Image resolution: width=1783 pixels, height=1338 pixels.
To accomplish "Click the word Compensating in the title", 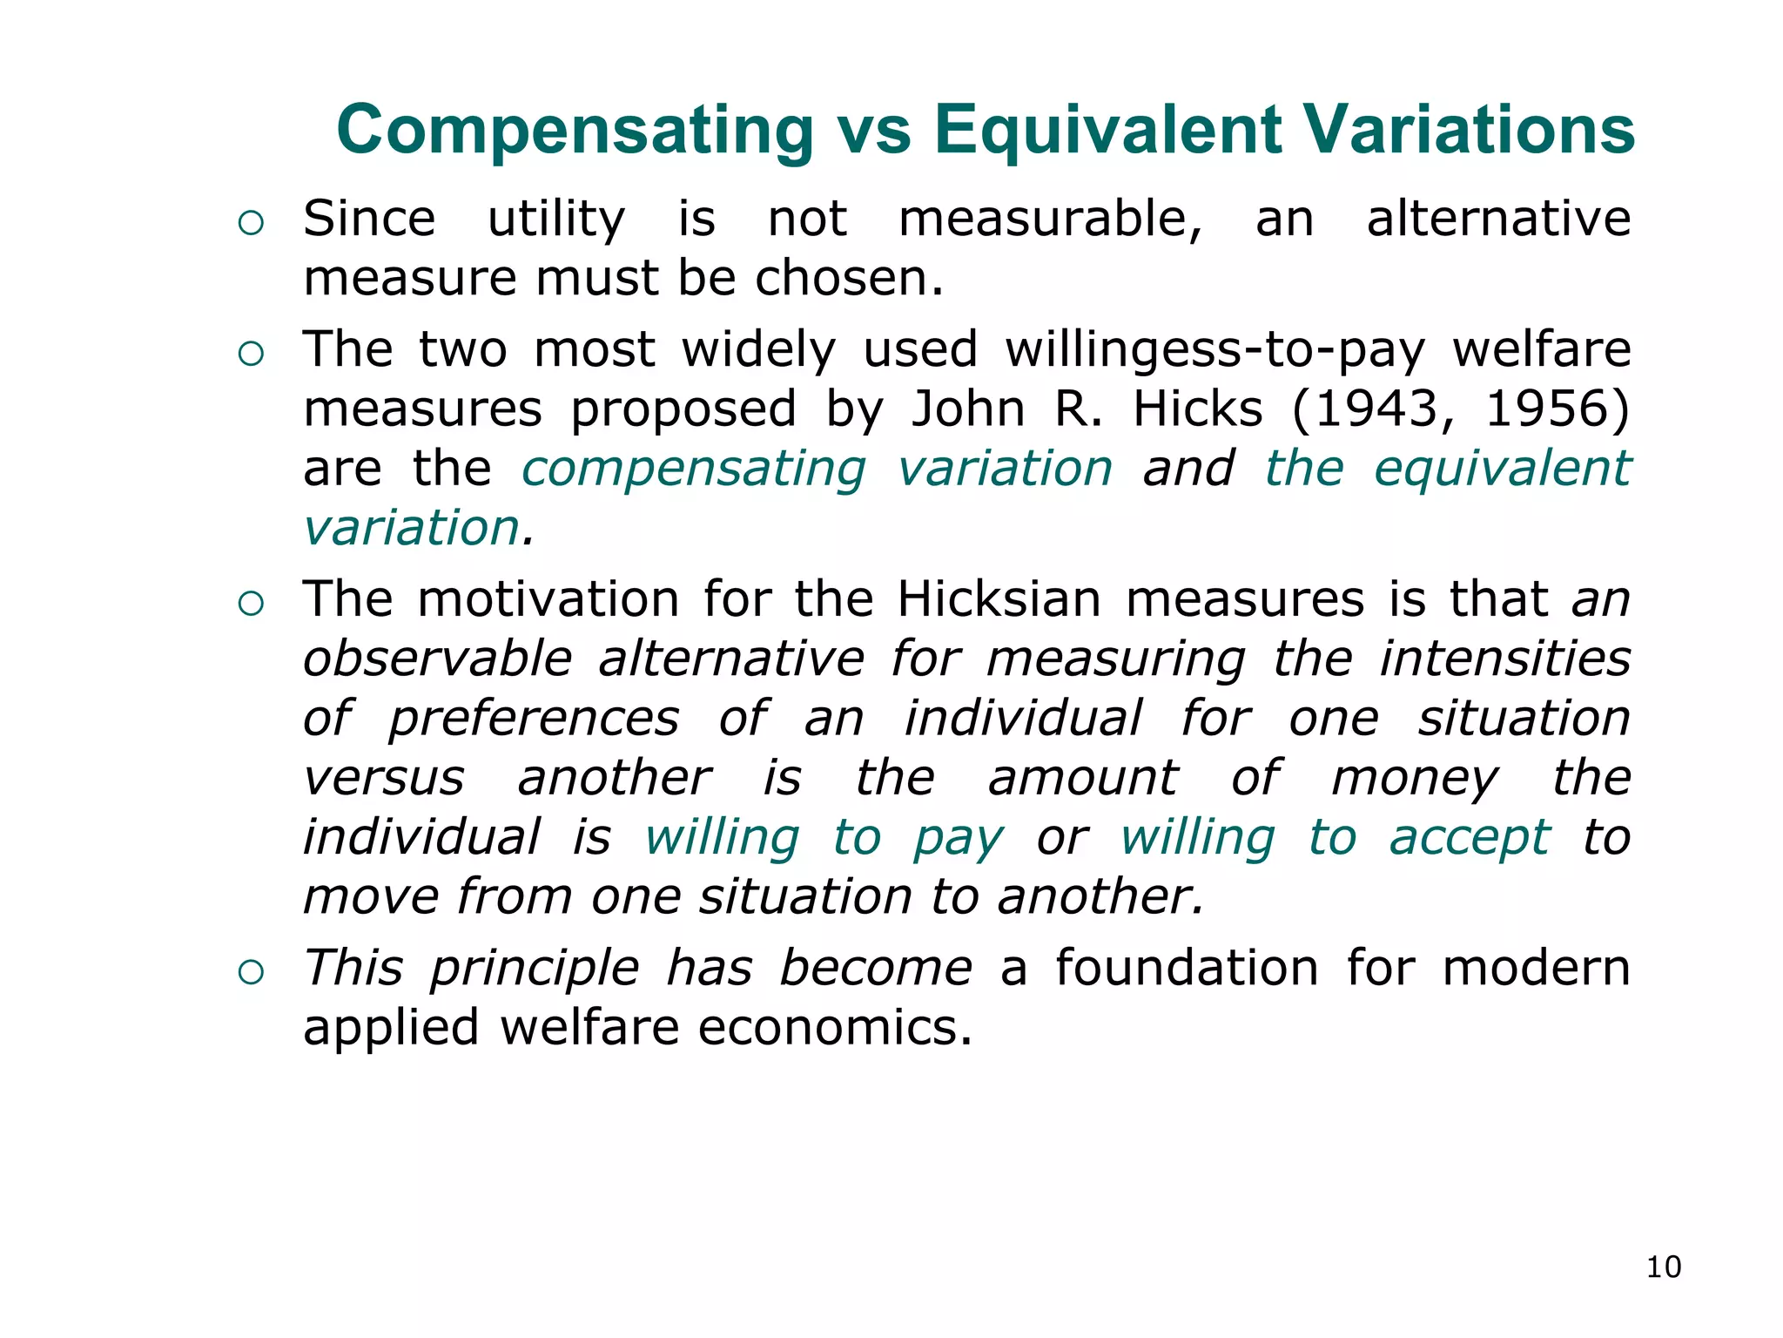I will (x=575, y=131).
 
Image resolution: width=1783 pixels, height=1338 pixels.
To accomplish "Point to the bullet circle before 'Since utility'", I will (x=251, y=223).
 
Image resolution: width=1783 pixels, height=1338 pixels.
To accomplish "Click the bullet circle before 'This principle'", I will (x=251, y=972).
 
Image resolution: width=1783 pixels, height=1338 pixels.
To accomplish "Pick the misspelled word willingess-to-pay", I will (x=1215, y=350).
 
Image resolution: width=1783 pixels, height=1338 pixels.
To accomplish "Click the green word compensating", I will (x=694, y=470).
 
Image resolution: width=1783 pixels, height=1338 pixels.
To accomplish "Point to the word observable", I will (x=438, y=659).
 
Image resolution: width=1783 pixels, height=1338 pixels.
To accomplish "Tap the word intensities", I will (x=1505, y=659).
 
